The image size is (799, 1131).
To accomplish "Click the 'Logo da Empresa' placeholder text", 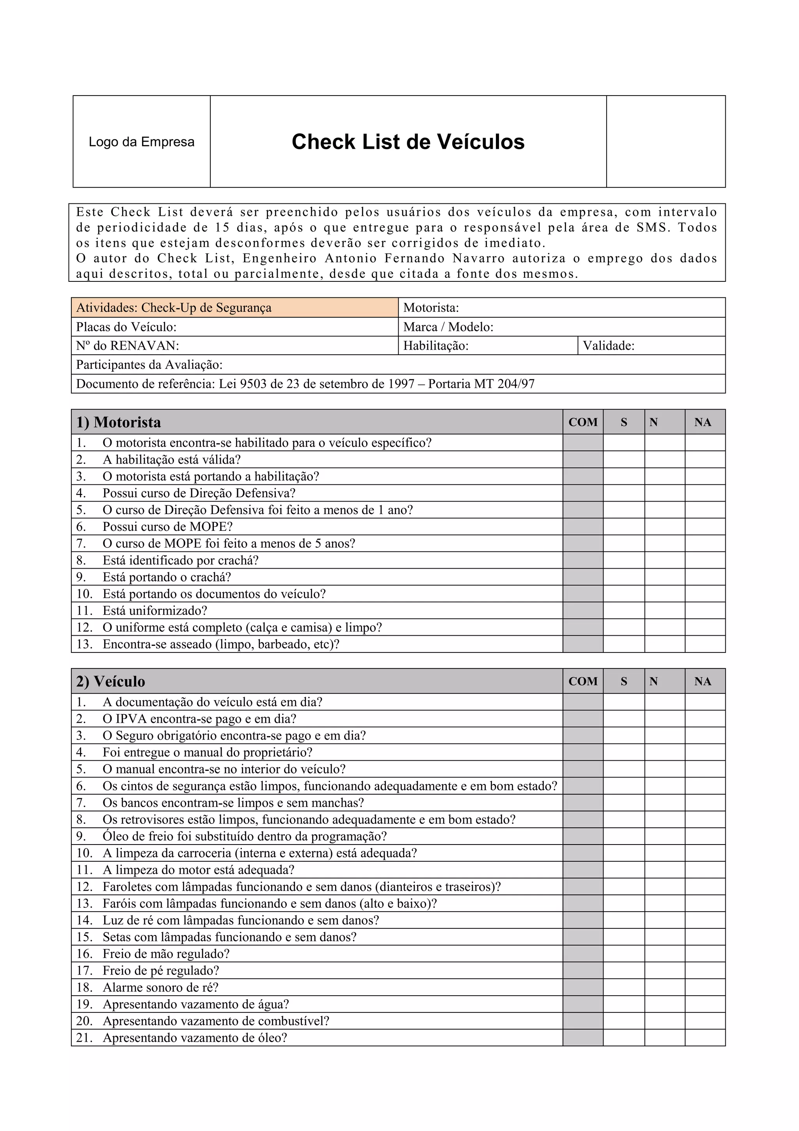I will point(141,142).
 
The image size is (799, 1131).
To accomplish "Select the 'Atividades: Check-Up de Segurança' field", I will point(173,308).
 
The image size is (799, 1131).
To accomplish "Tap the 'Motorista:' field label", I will point(431,308).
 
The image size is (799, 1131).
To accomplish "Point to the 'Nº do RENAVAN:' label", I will point(127,345).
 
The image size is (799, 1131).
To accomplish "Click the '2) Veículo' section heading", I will point(110,681).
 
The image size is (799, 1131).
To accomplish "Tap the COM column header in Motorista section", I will point(583,422).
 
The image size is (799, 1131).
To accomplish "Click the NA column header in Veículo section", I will point(703,681).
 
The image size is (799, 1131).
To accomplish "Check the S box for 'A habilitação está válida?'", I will point(624,460).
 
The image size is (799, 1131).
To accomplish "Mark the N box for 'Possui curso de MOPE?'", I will point(665,526).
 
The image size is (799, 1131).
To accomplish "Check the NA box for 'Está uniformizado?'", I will point(705,610).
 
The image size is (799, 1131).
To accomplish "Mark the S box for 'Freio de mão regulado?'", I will point(624,954).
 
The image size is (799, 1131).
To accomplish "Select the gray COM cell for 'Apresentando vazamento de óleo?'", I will point(583,1037).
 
